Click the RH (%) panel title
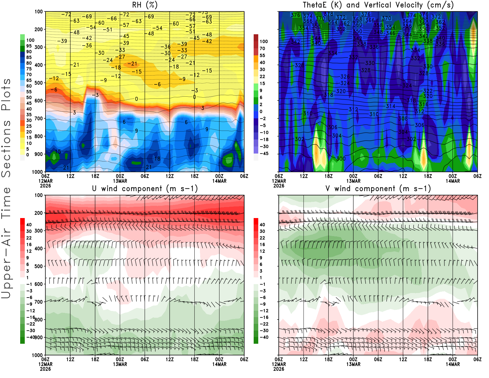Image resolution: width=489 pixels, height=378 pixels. (x=145, y=5)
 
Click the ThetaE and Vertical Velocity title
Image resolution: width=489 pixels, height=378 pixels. (x=378, y=5)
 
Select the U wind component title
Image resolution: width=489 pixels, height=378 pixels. (x=145, y=189)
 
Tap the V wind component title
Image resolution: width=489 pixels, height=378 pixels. (x=378, y=189)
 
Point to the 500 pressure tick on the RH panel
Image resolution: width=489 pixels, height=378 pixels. (x=39, y=83)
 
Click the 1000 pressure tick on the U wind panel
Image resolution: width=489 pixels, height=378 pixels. (x=37, y=355)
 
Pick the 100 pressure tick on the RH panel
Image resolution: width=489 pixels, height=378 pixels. (x=39, y=12)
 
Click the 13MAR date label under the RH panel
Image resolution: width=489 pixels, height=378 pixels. (x=120, y=181)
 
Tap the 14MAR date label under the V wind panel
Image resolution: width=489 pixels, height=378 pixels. (x=453, y=364)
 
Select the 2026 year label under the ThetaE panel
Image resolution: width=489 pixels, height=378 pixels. (x=279, y=186)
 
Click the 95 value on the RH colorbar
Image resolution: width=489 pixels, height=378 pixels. (x=29, y=46)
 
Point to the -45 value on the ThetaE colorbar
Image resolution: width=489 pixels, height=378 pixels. (x=264, y=154)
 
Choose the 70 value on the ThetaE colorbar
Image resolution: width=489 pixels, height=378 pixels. (x=262, y=48)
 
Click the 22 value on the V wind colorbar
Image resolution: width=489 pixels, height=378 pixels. (x=262, y=238)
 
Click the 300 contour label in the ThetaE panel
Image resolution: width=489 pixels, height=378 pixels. (x=341, y=158)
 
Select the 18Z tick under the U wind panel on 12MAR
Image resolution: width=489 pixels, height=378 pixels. (x=95, y=359)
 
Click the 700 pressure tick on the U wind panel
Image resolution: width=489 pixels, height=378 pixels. (x=39, y=302)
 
